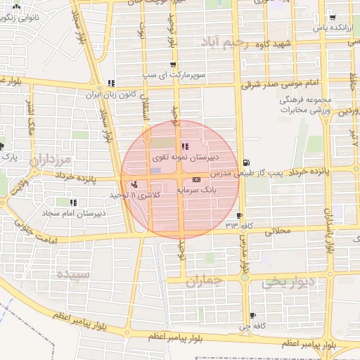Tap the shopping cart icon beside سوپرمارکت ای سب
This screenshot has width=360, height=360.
pyautogui.click(x=173, y=65)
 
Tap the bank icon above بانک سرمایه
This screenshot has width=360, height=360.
pyautogui.click(x=195, y=180)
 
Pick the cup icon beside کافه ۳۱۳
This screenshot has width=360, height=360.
pyautogui.click(x=240, y=216)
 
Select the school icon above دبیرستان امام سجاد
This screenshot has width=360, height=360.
pyautogui.click(x=74, y=202)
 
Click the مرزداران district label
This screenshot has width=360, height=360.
pyautogui.click(x=51, y=160)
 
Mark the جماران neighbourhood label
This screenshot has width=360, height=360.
pyautogui.click(x=204, y=282)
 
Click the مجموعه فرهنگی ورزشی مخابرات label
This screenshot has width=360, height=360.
pyautogui.click(x=308, y=106)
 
